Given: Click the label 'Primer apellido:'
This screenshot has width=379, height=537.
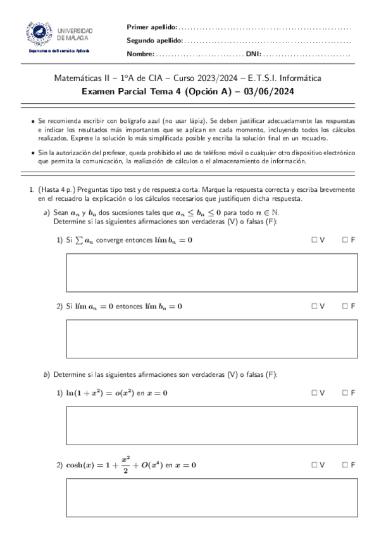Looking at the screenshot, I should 152,27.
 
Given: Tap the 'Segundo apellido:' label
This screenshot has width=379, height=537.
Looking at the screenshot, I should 155,41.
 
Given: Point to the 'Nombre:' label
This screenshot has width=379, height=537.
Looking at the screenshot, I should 140,54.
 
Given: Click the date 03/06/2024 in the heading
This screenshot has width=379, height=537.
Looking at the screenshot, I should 274,91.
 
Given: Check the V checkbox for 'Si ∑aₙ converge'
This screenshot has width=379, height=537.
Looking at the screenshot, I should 314,240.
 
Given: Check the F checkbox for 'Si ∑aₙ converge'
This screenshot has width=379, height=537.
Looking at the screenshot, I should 344,240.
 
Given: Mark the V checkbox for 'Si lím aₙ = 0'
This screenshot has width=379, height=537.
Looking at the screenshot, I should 314,306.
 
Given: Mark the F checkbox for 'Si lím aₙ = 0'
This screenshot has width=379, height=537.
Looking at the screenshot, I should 344,306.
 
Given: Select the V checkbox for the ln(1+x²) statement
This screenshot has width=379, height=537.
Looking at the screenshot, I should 314,393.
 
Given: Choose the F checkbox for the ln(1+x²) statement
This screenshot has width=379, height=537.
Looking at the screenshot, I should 344,393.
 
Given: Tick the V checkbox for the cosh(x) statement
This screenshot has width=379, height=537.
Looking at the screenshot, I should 314,465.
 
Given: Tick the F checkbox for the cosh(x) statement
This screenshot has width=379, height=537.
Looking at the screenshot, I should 344,465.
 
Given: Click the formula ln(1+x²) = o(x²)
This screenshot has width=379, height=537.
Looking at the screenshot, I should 101,393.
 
